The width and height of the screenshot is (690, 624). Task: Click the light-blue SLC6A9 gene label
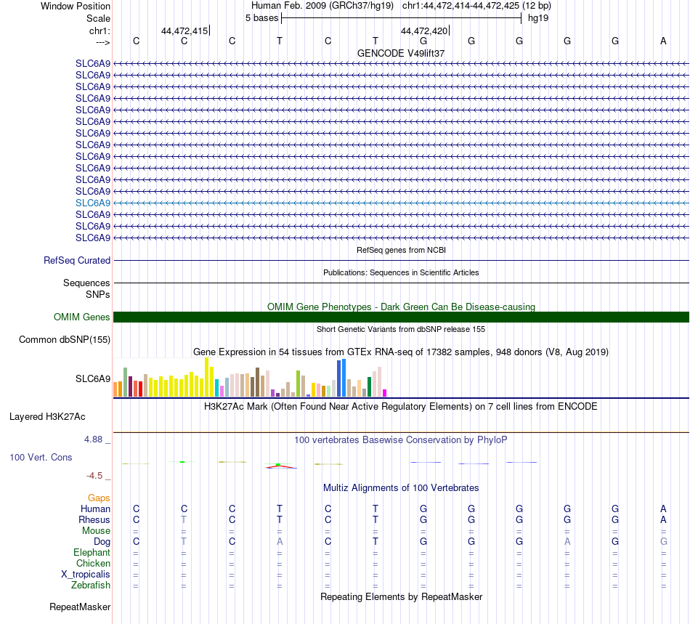point(93,203)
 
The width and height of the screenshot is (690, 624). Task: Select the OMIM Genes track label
point(82,317)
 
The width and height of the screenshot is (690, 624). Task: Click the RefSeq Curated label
point(77,261)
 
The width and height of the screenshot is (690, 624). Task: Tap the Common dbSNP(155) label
point(65,340)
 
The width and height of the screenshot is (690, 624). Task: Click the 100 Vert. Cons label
point(41,458)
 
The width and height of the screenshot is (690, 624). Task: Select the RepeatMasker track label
point(80,607)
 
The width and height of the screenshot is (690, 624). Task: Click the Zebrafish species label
point(91,585)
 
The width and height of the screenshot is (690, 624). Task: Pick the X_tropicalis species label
point(86,575)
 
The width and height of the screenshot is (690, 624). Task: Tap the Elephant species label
point(92,553)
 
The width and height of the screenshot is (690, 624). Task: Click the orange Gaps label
point(99,498)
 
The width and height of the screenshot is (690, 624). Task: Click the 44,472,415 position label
point(184,31)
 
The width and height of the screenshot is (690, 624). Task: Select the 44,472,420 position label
point(424,31)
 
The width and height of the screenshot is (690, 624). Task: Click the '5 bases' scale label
point(261,17)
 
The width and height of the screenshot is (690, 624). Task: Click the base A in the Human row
point(663,509)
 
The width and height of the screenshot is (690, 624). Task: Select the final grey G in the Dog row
point(663,542)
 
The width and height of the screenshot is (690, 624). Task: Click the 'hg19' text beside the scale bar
point(538,17)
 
